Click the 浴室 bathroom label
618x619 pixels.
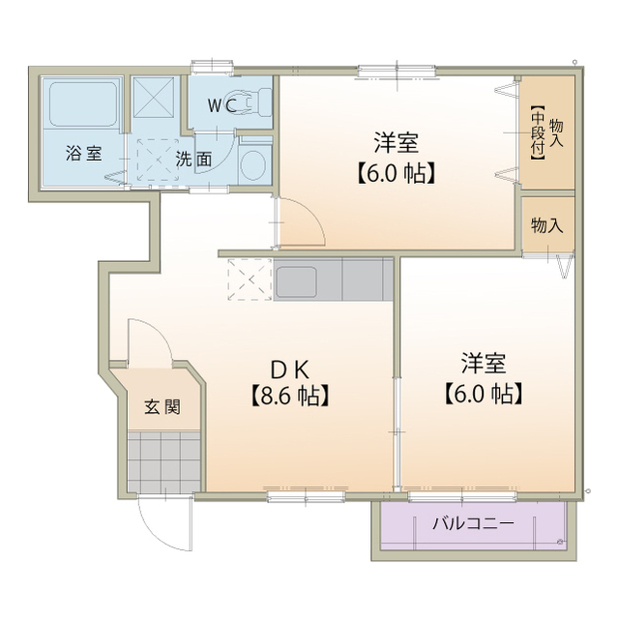tap(82, 154)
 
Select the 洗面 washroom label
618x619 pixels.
tap(193, 161)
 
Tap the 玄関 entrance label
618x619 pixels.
tap(162, 406)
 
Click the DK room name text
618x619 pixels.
tap(287, 368)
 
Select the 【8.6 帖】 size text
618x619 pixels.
tap(287, 395)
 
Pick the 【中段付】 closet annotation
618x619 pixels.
tap(537, 135)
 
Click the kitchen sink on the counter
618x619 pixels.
tap(308, 281)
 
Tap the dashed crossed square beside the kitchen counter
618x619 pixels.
tap(250, 281)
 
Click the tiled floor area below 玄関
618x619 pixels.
tap(162, 461)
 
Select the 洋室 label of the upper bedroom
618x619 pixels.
tap(397, 143)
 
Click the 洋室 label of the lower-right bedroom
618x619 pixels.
tap(483, 364)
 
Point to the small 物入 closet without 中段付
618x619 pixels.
tap(546, 224)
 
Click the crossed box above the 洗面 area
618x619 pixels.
tap(151, 95)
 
